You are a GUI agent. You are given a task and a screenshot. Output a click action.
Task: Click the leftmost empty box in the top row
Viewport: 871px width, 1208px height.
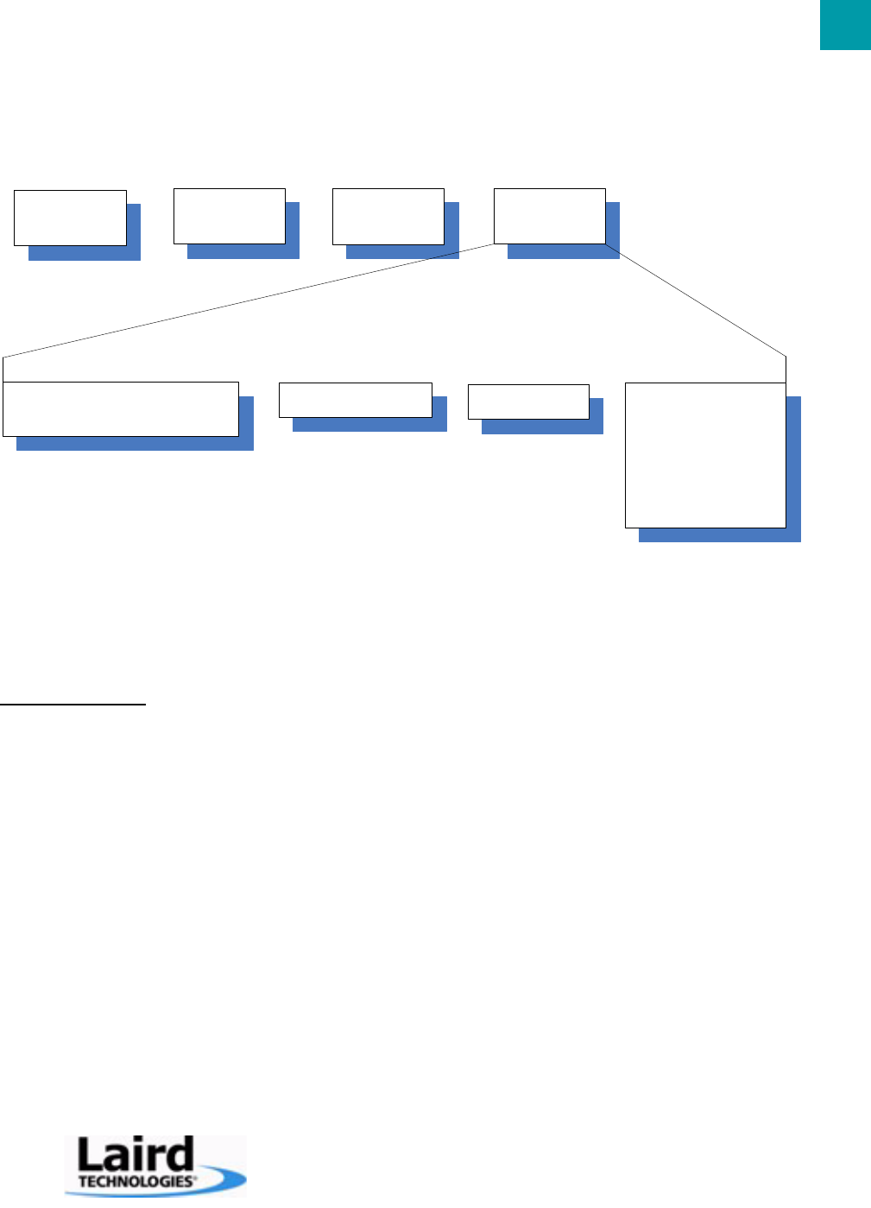click(70, 218)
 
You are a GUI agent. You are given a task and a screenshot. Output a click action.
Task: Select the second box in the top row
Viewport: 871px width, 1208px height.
click(229, 216)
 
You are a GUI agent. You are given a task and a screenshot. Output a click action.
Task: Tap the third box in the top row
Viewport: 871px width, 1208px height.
click(388, 216)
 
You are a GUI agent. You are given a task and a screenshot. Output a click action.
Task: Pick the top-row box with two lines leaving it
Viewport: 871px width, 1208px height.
click(549, 216)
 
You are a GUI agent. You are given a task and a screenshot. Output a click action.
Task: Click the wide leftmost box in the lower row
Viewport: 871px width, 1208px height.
click(120, 408)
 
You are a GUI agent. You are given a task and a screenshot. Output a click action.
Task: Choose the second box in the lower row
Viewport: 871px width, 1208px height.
click(355, 400)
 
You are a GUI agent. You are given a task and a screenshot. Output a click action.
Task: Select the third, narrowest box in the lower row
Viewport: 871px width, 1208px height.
click(527, 402)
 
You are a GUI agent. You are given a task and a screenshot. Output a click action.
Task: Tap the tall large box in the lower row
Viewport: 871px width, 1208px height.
click(705, 454)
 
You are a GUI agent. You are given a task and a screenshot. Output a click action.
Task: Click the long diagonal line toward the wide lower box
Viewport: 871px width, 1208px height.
click(249, 300)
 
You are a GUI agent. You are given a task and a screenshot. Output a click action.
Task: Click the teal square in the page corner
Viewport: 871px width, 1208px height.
click(845, 25)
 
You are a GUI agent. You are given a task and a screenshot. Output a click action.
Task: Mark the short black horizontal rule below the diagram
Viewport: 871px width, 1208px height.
click(73, 705)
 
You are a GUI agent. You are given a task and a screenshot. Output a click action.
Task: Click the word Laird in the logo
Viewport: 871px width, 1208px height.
click(135, 1154)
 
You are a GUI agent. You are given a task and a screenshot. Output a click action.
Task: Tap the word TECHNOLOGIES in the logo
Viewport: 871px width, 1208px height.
click(135, 1180)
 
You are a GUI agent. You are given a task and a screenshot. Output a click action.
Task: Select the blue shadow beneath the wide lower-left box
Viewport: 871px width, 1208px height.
click(135, 444)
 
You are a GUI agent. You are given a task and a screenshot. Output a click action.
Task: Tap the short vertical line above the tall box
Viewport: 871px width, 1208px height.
click(786, 369)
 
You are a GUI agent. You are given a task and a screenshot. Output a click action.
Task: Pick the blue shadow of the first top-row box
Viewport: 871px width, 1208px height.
click(85, 254)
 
